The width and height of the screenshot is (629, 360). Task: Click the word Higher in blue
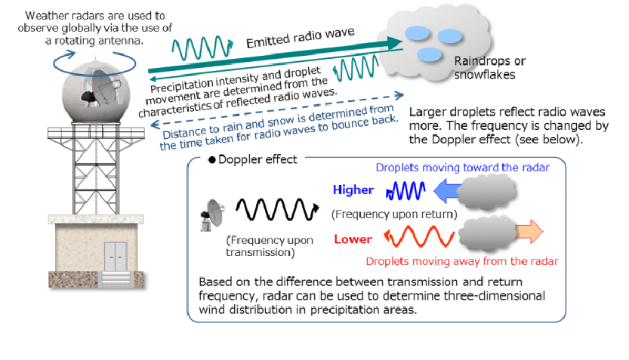(353, 189)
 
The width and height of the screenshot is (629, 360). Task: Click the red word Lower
(353, 239)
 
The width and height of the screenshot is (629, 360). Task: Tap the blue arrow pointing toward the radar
(447, 191)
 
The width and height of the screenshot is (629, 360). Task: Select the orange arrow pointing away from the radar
(529, 231)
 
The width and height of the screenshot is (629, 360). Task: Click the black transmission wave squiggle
(277, 209)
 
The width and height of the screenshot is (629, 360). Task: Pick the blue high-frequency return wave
(405, 191)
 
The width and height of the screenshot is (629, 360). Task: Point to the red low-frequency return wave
(419, 236)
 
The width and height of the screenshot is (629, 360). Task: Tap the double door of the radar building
(116, 257)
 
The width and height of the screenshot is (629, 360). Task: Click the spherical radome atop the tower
(96, 93)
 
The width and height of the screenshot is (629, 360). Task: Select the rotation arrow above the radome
(94, 63)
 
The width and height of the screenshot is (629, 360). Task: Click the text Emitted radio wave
(300, 37)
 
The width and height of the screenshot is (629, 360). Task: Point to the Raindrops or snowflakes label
(490, 68)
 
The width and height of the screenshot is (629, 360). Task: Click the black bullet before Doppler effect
(211, 160)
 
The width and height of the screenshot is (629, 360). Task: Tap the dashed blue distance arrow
(277, 110)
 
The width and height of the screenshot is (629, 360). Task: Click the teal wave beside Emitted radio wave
(202, 48)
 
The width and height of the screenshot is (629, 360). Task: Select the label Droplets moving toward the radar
(463, 168)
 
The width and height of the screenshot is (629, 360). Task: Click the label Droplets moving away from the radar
(461, 261)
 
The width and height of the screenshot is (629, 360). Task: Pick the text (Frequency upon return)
(394, 214)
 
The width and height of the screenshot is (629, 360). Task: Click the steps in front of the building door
(116, 279)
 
